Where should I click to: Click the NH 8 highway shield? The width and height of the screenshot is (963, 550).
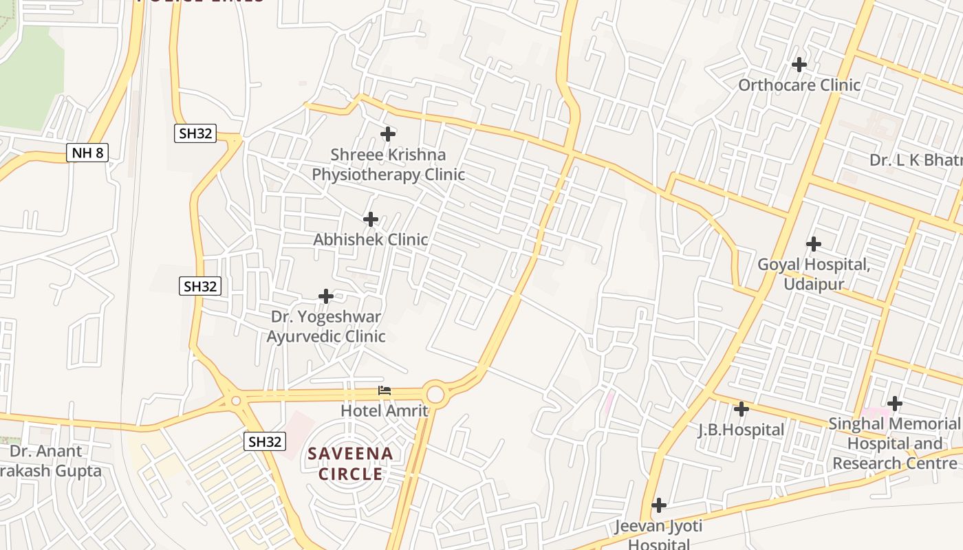pos(87,153)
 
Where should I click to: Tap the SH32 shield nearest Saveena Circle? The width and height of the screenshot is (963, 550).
pos(265,441)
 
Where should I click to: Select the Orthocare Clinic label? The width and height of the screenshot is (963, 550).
pos(799,85)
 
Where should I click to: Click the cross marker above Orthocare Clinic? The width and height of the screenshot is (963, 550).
pos(799,65)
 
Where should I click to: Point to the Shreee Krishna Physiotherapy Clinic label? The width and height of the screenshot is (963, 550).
pos(388,164)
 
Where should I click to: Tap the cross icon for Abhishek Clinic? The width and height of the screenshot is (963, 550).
pos(371,219)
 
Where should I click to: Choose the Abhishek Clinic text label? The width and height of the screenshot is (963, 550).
pos(370,239)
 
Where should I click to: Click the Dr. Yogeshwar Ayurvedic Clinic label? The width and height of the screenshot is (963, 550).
pos(326,327)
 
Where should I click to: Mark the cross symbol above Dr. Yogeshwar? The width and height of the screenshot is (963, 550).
pos(326,296)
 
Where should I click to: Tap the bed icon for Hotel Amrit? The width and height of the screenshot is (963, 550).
pos(385,390)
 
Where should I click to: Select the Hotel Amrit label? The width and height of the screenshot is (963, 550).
pos(385,410)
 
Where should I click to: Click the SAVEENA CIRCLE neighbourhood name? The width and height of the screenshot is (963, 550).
pos(351,463)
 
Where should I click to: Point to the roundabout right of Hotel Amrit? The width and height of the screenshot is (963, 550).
pos(435,394)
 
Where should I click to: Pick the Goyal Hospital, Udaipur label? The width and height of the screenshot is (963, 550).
pos(813,274)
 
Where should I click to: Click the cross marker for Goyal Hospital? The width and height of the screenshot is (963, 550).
pos(814,243)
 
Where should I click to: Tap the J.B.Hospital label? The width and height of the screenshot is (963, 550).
pos(741,430)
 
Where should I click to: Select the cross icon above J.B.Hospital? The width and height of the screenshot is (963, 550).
pos(741,409)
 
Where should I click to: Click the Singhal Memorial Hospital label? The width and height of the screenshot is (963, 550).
pos(894,443)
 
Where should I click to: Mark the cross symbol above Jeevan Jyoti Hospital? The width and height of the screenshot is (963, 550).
pos(658,505)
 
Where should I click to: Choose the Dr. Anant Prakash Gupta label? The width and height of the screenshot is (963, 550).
pos(48,461)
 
